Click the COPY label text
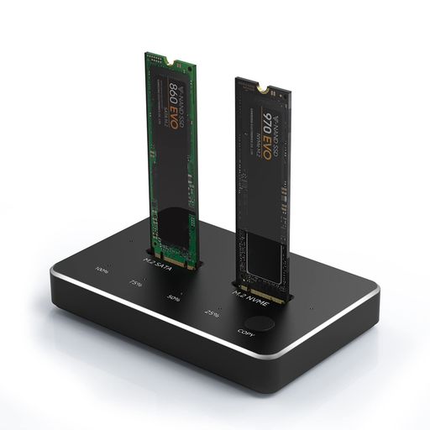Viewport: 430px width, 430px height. (246, 333)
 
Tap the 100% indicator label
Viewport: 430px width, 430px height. (102, 270)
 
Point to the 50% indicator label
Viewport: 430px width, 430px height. (175, 298)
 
